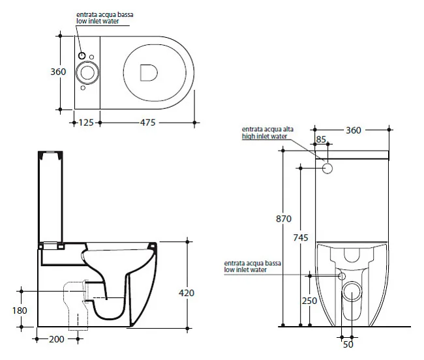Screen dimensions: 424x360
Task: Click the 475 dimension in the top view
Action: click(x=147, y=123)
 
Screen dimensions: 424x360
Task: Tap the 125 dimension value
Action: click(x=86, y=123)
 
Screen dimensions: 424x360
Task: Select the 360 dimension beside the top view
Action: click(x=58, y=72)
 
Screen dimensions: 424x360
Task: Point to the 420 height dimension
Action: click(x=187, y=293)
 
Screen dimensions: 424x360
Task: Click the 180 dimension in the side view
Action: click(x=20, y=310)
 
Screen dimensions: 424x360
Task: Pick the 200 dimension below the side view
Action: click(x=57, y=339)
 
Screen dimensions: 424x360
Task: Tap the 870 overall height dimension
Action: click(x=284, y=218)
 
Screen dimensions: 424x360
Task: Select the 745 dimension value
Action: click(x=301, y=237)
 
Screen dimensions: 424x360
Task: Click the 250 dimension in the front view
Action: click(x=309, y=301)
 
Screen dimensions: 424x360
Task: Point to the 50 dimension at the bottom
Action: click(x=348, y=344)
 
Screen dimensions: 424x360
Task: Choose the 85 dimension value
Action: click(x=321, y=139)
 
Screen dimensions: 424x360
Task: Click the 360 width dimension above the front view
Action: click(x=354, y=130)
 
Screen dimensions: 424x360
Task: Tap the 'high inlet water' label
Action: click(x=264, y=136)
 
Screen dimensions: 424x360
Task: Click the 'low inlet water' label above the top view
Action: click(x=98, y=21)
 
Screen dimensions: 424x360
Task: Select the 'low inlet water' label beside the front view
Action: click(x=245, y=269)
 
